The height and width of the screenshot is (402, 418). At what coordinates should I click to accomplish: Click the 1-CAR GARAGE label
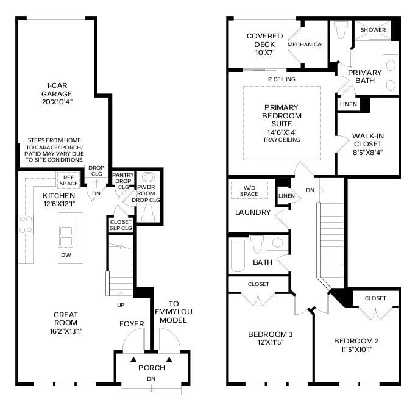point(57,94)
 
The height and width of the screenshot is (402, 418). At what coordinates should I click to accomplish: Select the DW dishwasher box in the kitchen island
point(65,254)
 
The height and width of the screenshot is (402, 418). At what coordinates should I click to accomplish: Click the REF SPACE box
point(68,180)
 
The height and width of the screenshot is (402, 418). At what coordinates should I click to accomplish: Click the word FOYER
point(132,324)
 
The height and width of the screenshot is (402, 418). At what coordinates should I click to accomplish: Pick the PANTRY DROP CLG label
point(123,181)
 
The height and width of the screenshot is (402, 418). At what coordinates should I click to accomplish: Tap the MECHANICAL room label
point(306,45)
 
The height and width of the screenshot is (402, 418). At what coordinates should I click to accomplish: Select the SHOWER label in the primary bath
point(372,29)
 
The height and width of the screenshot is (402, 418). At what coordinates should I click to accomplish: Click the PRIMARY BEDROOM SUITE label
point(282,120)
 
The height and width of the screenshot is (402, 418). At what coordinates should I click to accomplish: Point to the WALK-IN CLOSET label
point(368,143)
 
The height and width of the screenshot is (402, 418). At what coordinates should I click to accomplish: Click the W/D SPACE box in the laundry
point(249,190)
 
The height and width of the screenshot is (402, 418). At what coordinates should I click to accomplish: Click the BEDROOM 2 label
point(356,344)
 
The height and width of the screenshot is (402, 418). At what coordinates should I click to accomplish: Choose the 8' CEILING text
point(282,79)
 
